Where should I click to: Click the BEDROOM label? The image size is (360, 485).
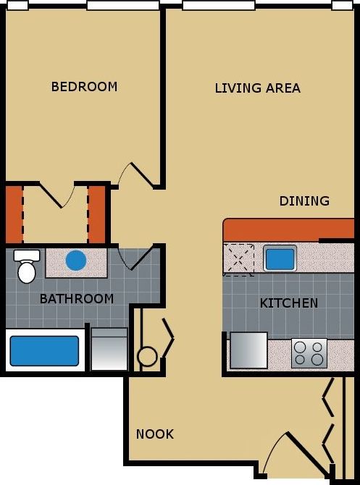(84, 87)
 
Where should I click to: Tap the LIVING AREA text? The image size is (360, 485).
(257, 88)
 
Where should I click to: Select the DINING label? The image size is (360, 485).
(304, 201)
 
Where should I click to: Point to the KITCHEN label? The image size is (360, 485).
(288, 303)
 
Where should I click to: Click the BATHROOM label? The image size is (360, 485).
(76, 298)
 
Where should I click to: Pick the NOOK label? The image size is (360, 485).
(155, 434)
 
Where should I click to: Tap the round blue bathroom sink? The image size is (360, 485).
(76, 260)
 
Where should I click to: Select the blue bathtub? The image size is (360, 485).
(43, 351)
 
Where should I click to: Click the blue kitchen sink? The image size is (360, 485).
(280, 258)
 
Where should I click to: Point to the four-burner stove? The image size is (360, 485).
(309, 353)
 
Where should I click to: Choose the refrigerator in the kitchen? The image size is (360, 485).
(248, 350)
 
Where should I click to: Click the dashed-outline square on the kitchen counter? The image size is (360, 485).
(239, 259)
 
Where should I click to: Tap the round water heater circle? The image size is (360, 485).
(147, 356)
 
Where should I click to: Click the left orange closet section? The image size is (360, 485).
(14, 215)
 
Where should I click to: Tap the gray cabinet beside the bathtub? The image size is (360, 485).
(109, 350)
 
